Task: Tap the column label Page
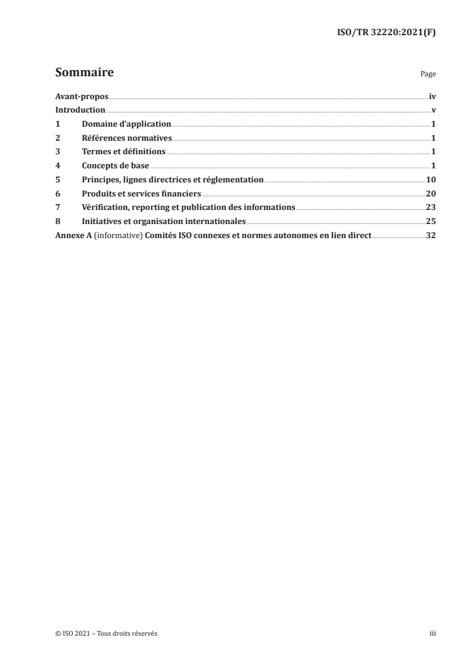click(x=428, y=75)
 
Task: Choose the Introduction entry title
click(x=80, y=110)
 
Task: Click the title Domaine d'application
click(x=126, y=124)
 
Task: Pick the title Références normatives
click(x=127, y=138)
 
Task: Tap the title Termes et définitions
click(x=124, y=152)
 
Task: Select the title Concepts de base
click(x=116, y=166)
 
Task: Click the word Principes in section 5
click(x=100, y=180)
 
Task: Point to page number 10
click(x=430, y=180)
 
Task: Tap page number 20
click(x=430, y=194)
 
